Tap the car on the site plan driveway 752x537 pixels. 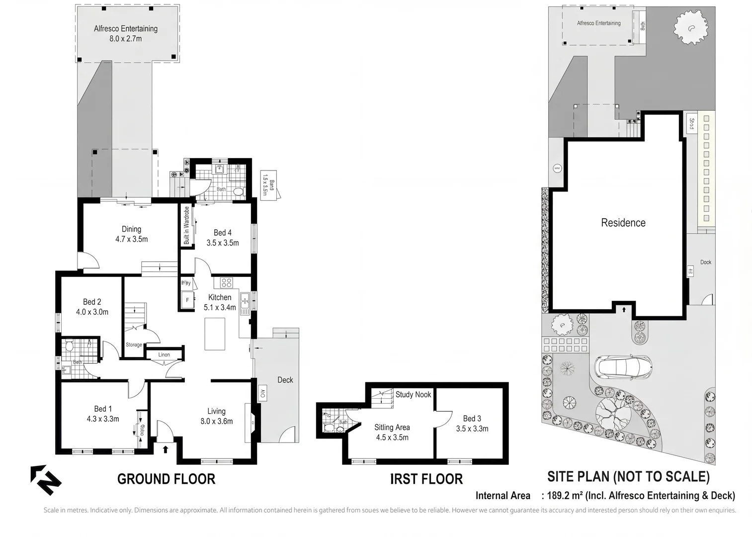(625, 367)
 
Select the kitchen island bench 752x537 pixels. (215, 334)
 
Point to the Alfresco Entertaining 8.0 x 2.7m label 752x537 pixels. (126, 33)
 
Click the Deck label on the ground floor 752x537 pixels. (285, 380)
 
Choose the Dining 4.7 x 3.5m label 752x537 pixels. (131, 234)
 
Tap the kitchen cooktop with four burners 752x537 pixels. (226, 283)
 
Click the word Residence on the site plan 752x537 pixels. (623, 223)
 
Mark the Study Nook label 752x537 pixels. (413, 394)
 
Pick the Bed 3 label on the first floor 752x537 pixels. (472, 423)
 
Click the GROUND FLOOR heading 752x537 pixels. (166, 479)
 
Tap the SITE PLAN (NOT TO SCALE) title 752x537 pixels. (628, 476)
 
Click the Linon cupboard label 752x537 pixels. (164, 355)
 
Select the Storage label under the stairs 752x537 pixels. (134, 345)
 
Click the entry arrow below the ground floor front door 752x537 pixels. (165, 449)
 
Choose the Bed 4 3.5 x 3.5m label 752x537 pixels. (222, 238)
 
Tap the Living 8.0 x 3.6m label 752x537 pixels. (216, 416)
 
